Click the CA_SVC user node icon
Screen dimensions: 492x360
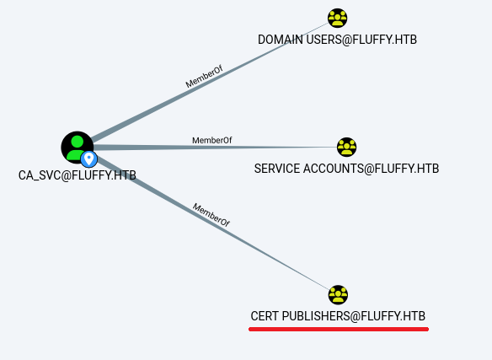(x=78, y=147)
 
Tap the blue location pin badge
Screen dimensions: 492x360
(x=89, y=159)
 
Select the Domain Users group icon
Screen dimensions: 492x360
(x=337, y=18)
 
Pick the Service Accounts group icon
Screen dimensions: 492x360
(x=346, y=147)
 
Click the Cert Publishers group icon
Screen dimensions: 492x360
(x=338, y=294)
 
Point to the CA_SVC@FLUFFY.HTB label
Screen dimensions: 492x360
(x=78, y=175)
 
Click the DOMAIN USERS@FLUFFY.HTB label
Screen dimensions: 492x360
(x=337, y=40)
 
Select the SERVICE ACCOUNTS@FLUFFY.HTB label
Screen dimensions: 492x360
(x=346, y=169)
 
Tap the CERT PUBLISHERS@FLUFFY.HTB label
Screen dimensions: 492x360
(x=338, y=316)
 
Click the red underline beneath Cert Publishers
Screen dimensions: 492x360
(x=339, y=329)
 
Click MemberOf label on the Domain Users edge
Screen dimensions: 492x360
(x=204, y=77)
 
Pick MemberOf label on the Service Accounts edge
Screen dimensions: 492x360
(x=212, y=141)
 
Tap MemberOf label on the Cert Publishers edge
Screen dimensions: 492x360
(x=211, y=215)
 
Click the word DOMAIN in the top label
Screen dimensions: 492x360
(x=281, y=40)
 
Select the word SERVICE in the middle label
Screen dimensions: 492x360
(x=277, y=169)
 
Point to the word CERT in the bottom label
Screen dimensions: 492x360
(x=265, y=316)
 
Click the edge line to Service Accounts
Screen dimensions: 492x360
(x=216, y=147)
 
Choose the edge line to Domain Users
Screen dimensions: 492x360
(x=210, y=81)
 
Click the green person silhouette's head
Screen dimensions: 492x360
(x=78, y=142)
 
